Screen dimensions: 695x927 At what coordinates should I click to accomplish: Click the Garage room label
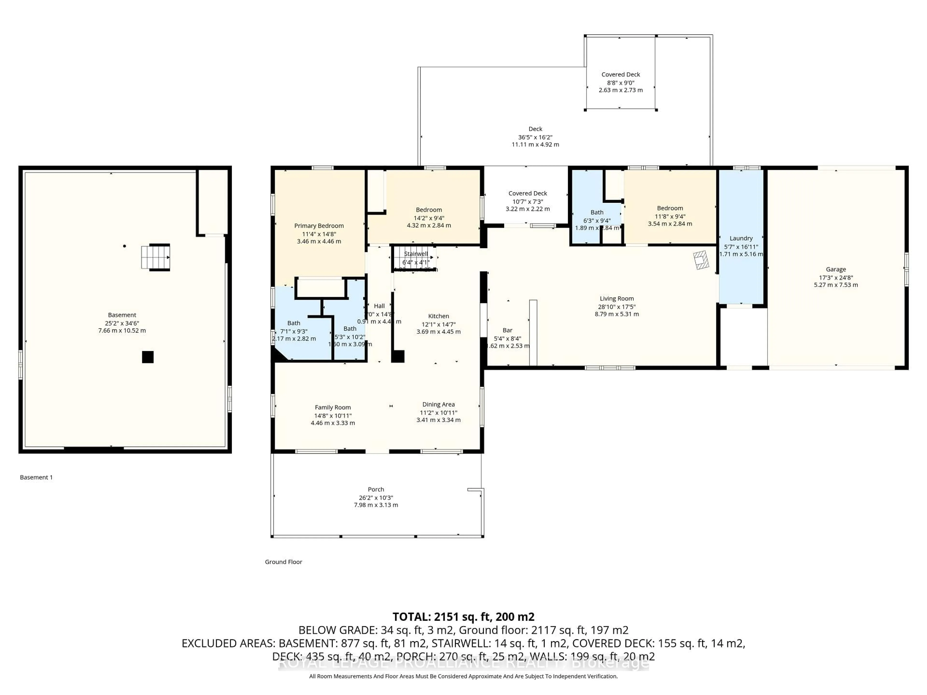836,269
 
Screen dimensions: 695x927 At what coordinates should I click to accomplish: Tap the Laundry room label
741,238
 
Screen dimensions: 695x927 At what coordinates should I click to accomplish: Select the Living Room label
617,299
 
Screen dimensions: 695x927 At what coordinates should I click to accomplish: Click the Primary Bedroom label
319,226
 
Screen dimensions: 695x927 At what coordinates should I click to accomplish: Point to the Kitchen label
438,316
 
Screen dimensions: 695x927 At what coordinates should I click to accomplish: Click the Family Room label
333,408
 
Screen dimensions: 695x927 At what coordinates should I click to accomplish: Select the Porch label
376,489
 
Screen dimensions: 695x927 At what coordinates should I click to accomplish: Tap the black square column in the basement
147,357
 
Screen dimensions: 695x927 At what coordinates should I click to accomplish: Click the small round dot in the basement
125,246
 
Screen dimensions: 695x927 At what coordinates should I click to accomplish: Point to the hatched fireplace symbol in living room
701,260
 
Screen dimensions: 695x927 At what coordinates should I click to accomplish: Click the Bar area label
507,331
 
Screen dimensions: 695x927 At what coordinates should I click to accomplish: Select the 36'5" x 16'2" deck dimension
535,137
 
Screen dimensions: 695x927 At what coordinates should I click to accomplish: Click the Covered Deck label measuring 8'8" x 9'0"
621,75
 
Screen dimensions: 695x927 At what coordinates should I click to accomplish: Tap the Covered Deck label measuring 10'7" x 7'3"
528,194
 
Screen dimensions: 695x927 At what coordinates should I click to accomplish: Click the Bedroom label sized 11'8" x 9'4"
670,208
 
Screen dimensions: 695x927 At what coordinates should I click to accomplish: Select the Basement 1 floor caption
36,477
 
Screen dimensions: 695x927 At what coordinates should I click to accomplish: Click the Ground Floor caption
283,562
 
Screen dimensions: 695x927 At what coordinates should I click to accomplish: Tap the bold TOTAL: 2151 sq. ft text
463,617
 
